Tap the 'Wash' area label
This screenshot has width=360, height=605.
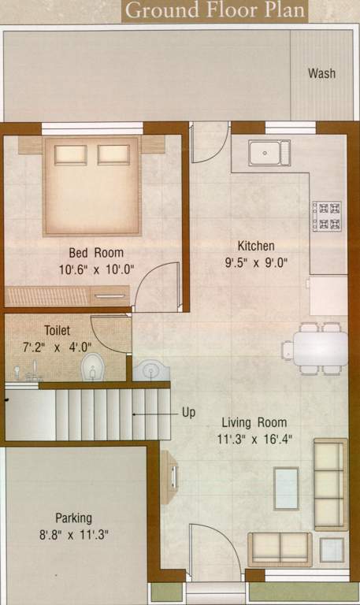pos(321,73)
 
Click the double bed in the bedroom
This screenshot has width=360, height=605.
pos(92,185)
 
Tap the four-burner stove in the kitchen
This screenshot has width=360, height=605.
pos(326,217)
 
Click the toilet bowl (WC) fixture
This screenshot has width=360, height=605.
pos(92,366)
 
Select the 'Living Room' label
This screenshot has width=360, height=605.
pos(254,422)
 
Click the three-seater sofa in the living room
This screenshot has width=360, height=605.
pos(330,484)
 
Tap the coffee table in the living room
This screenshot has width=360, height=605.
pos(286,488)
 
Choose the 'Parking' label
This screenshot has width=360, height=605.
pos(73,518)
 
